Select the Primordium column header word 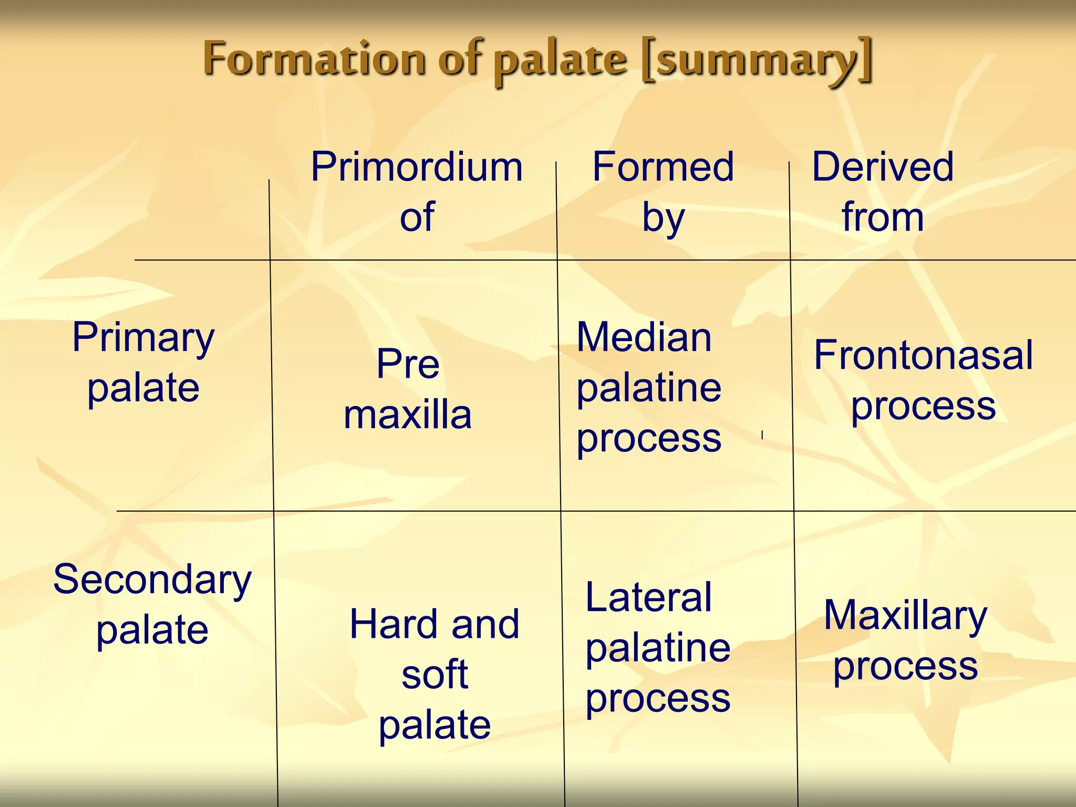(x=417, y=168)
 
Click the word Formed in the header (x=663, y=168)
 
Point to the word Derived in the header (x=883, y=168)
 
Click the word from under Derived (x=883, y=218)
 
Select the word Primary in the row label (x=143, y=338)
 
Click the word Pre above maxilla (x=408, y=364)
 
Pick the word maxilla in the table (x=408, y=415)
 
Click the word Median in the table (x=644, y=338)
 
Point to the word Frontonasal (x=923, y=356)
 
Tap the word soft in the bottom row (x=434, y=675)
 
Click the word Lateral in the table (x=648, y=598)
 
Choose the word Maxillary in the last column (x=905, y=616)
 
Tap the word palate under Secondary (x=152, y=630)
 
